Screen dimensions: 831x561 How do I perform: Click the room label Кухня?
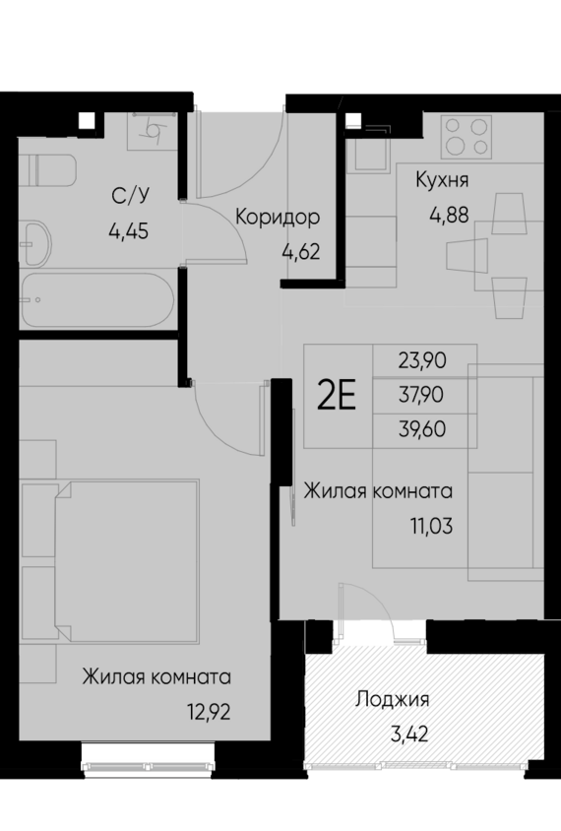click(442, 180)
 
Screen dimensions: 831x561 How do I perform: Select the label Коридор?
click(278, 217)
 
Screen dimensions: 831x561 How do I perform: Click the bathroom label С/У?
click(130, 194)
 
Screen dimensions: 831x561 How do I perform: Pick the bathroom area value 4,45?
click(130, 233)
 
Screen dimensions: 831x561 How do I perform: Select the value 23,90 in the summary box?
click(424, 360)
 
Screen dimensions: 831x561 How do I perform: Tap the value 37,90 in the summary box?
click(424, 395)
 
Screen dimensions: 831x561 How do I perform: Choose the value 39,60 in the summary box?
click(424, 429)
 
